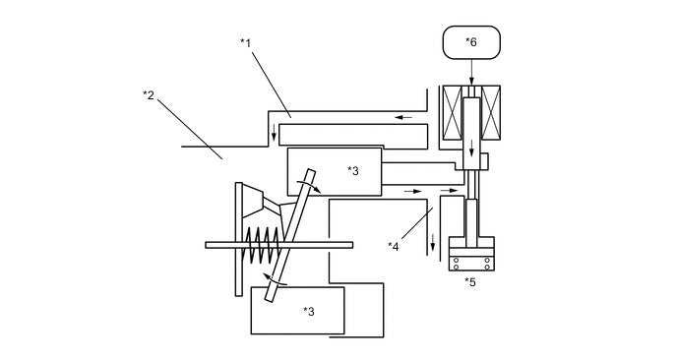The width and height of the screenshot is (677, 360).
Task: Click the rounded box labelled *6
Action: pyautogui.click(x=471, y=42)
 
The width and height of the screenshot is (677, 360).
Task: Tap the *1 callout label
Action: pyautogui.click(x=246, y=42)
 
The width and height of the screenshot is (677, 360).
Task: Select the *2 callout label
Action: pyautogui.click(x=149, y=94)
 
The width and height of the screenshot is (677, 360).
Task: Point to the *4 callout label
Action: pyautogui.click(x=394, y=246)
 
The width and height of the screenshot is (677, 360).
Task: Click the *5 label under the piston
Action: pyautogui.click(x=470, y=282)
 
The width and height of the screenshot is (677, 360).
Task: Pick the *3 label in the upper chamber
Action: pyautogui.click(x=353, y=169)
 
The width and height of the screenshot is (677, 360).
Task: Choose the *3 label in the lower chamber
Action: pyautogui.click(x=308, y=311)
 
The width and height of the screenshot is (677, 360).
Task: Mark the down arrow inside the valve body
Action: pyautogui.click(x=471, y=150)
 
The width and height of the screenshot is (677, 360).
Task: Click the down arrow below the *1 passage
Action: pyautogui.click(x=275, y=134)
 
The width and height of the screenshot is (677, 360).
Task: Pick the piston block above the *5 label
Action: pyautogui.click(x=470, y=253)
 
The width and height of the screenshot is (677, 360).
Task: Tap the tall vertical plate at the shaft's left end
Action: pyautogui.click(x=239, y=238)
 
